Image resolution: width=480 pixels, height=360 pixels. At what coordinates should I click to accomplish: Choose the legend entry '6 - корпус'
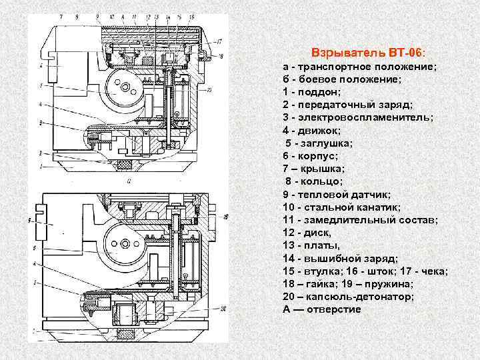tap(310, 155)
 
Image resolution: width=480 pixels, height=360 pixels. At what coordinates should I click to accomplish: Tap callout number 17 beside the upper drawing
tap(219, 41)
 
